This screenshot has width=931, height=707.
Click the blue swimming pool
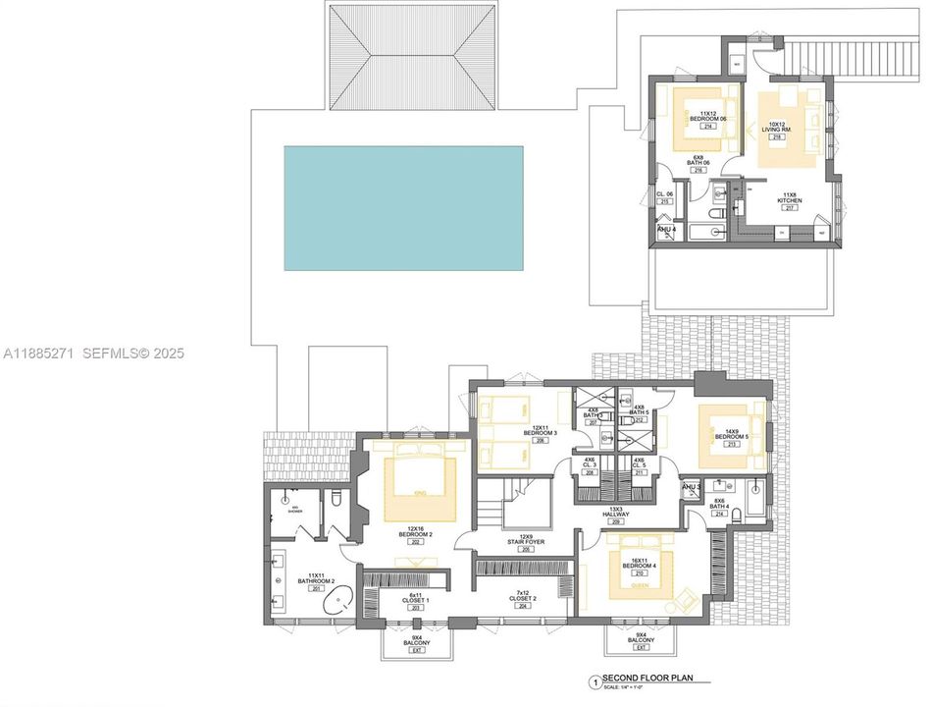pos(403,208)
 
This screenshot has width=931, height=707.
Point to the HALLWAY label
pos(616,514)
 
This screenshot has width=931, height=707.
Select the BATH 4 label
pos(719,506)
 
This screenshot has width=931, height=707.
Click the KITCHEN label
pos(790,200)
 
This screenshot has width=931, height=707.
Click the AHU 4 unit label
pos(667,230)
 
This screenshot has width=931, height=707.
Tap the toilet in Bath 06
pos(716,212)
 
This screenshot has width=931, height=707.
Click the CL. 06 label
pos(664,194)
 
